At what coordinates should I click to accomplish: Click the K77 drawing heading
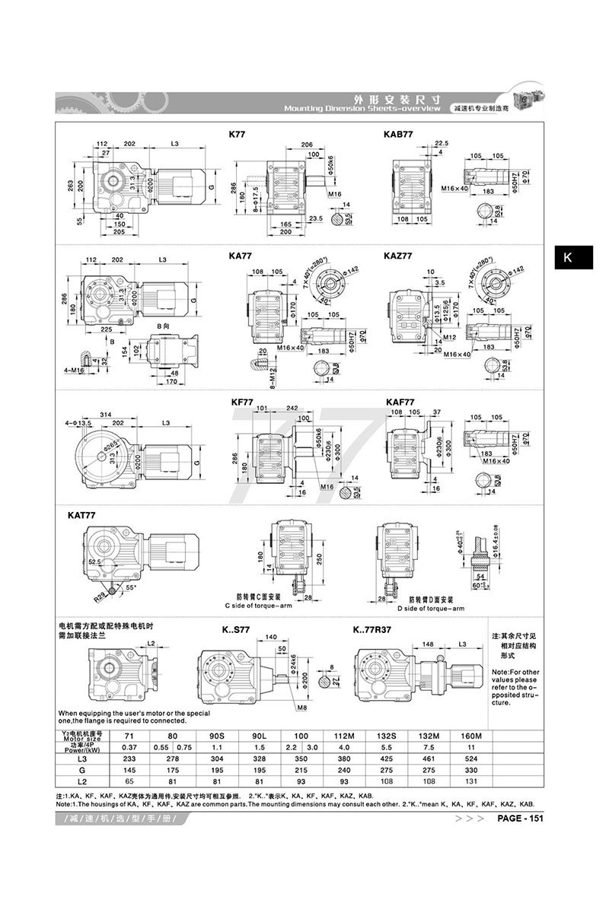tap(237, 134)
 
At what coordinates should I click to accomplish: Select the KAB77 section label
tap(398, 134)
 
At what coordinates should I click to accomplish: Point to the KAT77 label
tap(81, 515)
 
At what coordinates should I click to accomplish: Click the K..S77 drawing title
tap(235, 630)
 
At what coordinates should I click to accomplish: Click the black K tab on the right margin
tap(567, 258)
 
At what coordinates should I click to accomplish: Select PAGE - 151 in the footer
tap(520, 818)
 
